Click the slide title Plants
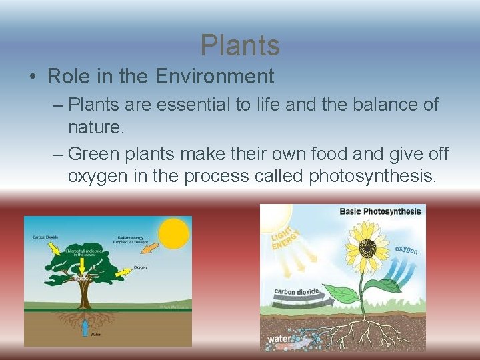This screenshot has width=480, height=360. pyautogui.click(x=240, y=45)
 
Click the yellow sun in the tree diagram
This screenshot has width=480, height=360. pyautogui.click(x=174, y=233)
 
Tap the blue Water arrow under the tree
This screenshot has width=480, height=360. pyautogui.click(x=85, y=327)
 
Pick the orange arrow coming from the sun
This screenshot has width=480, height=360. pyautogui.click(x=150, y=251)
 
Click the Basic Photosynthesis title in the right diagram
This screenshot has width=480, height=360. pyautogui.click(x=380, y=211)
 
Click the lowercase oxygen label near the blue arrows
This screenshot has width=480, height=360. pyautogui.click(x=406, y=250)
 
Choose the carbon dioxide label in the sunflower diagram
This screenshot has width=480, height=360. pyautogui.click(x=297, y=291)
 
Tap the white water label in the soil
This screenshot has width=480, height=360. pyautogui.click(x=279, y=339)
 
